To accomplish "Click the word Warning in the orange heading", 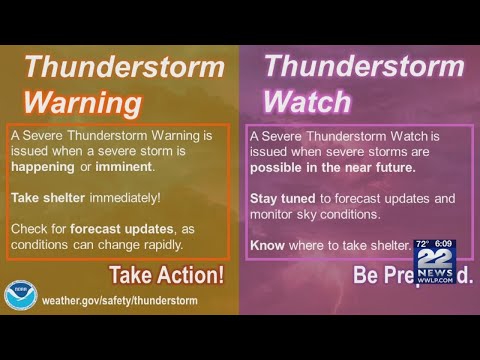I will point(83,102).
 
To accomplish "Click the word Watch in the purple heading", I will point(307,101).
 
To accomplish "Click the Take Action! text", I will point(166,275).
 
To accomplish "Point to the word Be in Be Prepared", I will point(367,275).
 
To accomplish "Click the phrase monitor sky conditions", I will point(316,213).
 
